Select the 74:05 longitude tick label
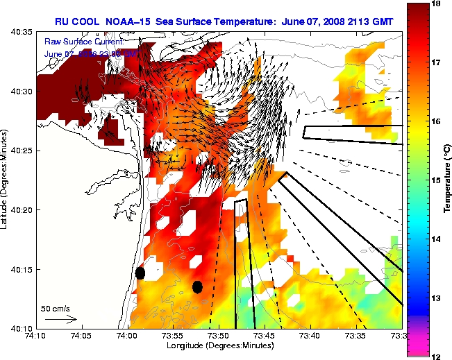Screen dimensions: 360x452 pyautogui.click(x=81, y=336)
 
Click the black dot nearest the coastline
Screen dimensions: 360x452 pyautogui.click(x=140, y=273)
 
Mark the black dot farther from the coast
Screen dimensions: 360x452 pyautogui.click(x=197, y=286)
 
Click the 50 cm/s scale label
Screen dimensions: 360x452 pyautogui.click(x=55, y=307)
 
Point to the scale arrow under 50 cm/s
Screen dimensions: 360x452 pyautogui.click(x=61, y=319)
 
